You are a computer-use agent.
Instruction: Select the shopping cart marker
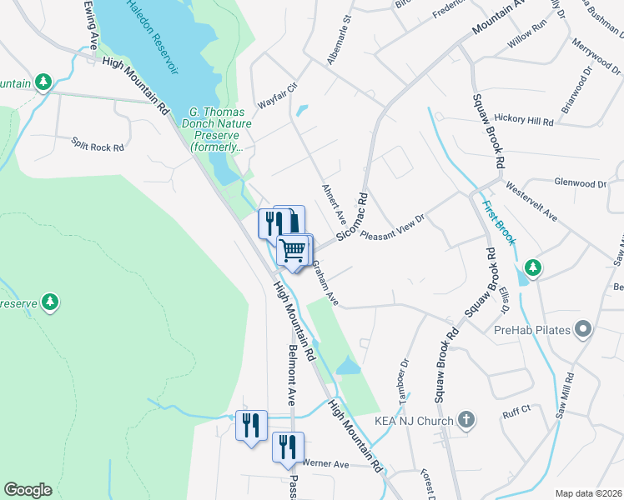click(x=293, y=249)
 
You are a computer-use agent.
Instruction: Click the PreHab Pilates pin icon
click(x=583, y=330)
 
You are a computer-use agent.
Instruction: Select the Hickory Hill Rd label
click(x=523, y=121)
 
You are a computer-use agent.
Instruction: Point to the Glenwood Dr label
click(x=580, y=182)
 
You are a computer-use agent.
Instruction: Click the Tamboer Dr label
click(x=405, y=380)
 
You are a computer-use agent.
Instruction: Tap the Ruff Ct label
click(x=516, y=410)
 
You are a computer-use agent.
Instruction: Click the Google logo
click(x=28, y=490)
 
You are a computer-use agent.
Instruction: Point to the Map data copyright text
click(x=587, y=493)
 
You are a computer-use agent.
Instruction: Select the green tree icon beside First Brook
click(x=531, y=268)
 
